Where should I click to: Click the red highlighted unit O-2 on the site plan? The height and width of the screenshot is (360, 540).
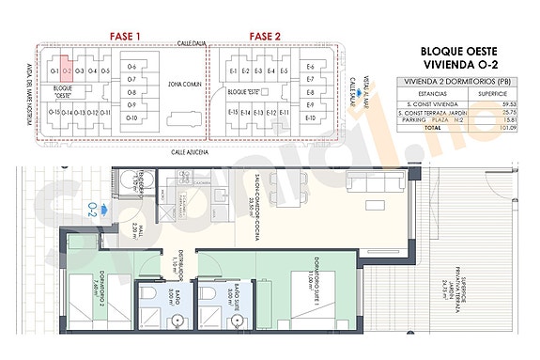point(67,70)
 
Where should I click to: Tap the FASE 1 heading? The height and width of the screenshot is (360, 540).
point(125,37)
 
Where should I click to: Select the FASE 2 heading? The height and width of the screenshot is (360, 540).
point(265,37)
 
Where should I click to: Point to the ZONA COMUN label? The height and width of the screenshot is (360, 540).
point(184,85)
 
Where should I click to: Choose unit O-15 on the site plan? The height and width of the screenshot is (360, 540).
point(54,113)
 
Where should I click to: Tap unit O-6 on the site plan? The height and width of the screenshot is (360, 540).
point(131,66)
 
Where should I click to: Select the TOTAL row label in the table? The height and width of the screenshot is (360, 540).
point(432,129)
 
